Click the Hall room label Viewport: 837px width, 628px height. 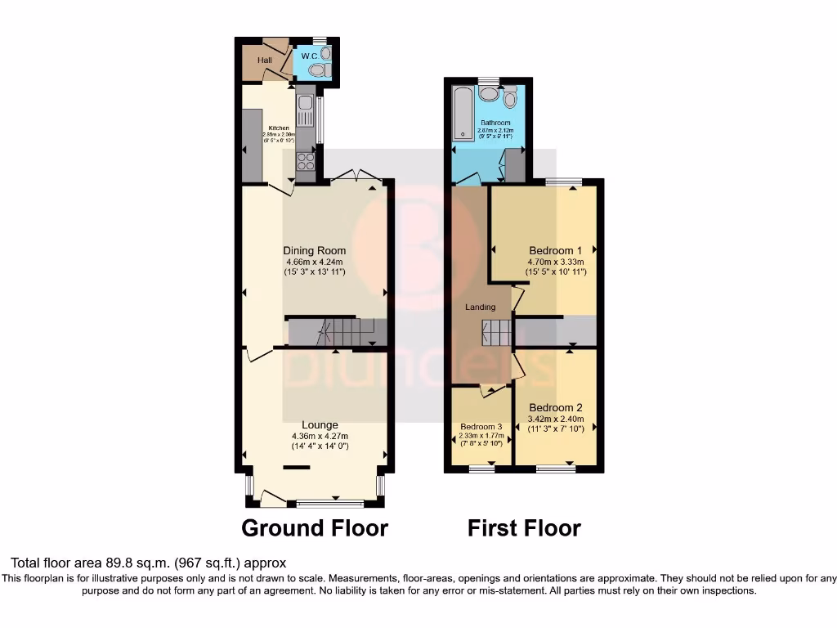[x=264, y=61]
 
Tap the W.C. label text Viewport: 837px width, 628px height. [x=309, y=56]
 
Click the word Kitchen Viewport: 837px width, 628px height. [x=279, y=128]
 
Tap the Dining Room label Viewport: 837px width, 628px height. [x=314, y=250]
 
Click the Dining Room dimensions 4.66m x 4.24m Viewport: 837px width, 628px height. [x=314, y=261]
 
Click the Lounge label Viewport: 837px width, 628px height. [x=320, y=425]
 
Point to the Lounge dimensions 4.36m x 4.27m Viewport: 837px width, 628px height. [x=320, y=436]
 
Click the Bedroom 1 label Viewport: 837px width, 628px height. [x=556, y=250]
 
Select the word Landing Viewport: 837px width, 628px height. [x=481, y=307]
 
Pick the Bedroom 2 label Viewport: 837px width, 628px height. [x=556, y=408]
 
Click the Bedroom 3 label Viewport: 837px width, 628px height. [x=481, y=427]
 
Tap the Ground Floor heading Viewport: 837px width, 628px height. [x=315, y=528]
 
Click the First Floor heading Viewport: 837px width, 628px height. [x=524, y=528]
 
